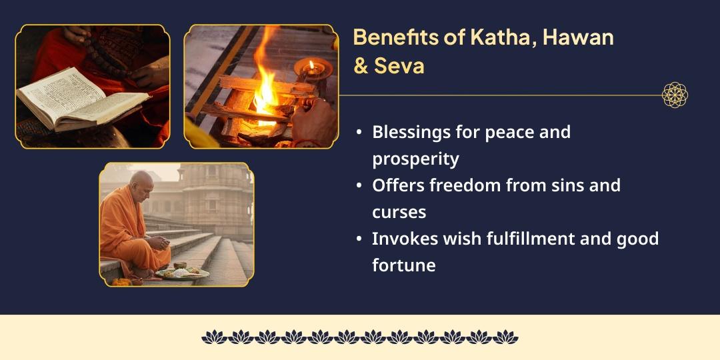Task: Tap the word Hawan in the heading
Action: click(578, 37)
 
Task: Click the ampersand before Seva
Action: click(361, 67)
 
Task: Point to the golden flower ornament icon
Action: click(675, 95)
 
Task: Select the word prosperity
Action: click(415, 159)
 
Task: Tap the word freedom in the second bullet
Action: click(467, 185)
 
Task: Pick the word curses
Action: click(399, 212)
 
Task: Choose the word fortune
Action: click(403, 265)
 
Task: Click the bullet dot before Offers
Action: click(360, 186)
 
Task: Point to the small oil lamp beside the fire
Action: click(311, 68)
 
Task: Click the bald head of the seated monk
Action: click(141, 181)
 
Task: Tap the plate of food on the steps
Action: click(181, 272)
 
